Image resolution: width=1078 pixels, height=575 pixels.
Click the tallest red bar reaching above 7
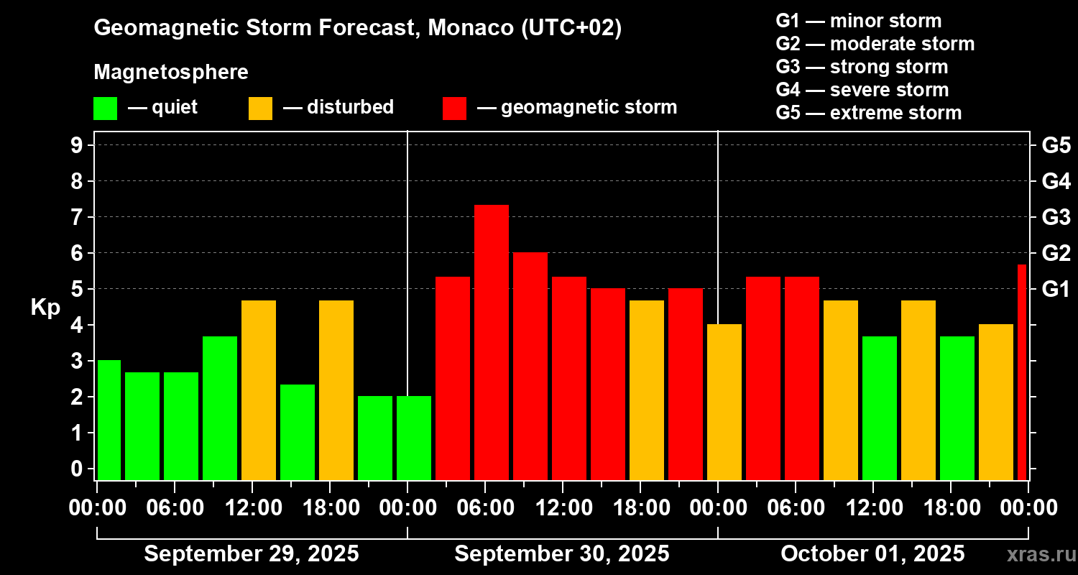[492, 341]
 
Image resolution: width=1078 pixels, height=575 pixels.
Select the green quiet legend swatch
[105, 109]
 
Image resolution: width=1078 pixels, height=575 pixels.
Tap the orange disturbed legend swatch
[260, 109]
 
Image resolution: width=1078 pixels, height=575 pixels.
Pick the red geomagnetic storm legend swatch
[454, 109]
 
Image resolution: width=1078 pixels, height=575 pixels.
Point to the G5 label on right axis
[1056, 146]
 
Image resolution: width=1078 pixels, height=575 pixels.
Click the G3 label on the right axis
[1056, 217]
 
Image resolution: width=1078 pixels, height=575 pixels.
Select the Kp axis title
[45, 308]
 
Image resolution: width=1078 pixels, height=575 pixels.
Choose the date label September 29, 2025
[252, 554]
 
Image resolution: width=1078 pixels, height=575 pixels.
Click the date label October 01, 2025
[872, 554]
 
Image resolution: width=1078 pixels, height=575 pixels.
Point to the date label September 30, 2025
[562, 554]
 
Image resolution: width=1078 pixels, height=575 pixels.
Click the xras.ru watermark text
[1037, 555]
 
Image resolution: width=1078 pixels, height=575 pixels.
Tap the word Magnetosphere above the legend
[171, 73]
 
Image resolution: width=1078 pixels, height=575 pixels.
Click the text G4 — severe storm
[862, 90]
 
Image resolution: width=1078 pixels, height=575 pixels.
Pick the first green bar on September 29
[109, 420]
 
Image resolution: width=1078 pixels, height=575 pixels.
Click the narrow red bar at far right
[1022, 372]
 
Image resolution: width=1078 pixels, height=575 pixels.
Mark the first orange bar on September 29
[259, 390]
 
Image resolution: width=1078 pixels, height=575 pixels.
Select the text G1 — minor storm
[859, 21]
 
